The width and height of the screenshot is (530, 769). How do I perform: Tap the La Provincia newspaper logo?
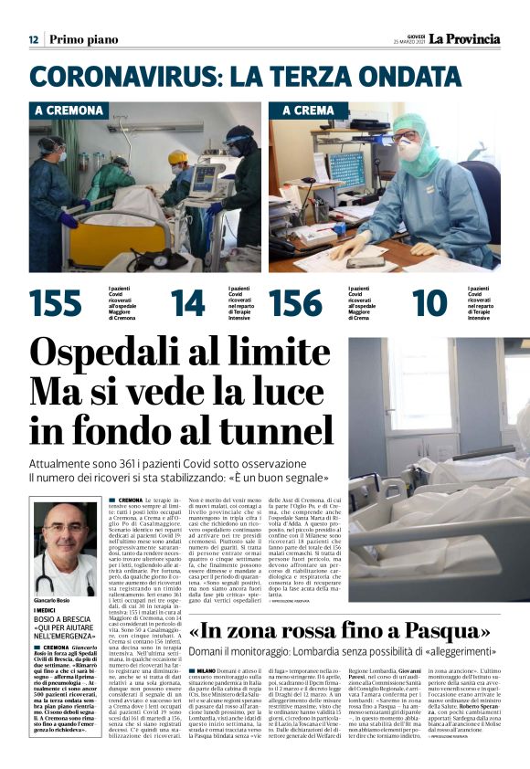coord(465,39)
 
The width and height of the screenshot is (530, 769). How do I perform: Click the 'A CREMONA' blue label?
coord(69,111)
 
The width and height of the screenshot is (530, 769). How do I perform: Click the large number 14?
coord(188,302)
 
